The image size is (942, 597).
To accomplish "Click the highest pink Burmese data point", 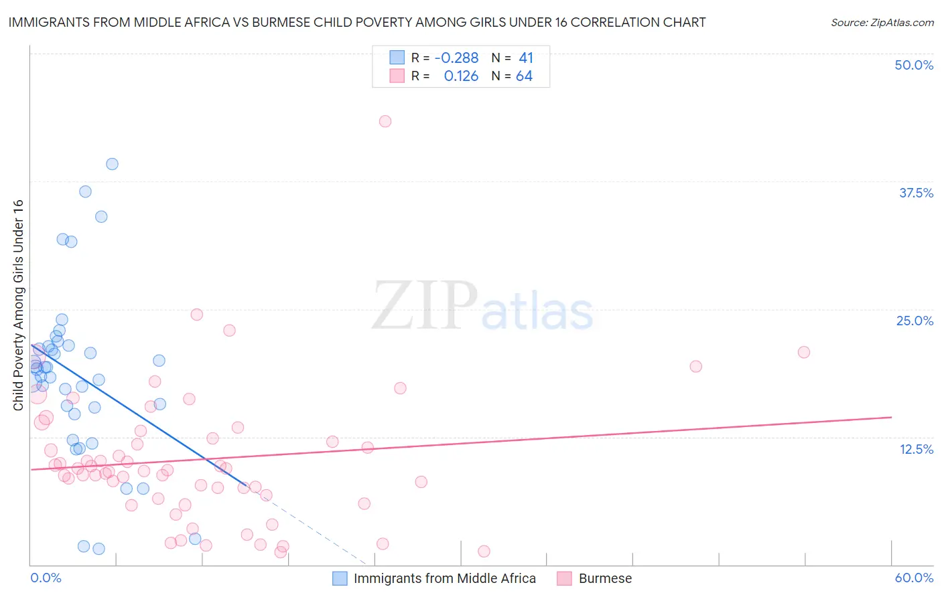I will (x=385, y=121).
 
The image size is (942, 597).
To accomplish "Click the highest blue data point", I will (x=112, y=164).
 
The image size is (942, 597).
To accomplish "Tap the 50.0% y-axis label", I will (x=914, y=65).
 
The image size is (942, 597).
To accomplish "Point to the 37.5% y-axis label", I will (x=916, y=193).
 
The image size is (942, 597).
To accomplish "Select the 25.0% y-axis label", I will (x=915, y=321).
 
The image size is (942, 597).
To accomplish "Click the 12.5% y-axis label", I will (x=916, y=449).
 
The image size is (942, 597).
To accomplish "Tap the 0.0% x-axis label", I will (x=46, y=578).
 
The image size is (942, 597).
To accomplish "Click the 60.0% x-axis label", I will (x=914, y=578).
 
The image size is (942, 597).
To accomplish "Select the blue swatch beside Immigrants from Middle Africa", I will (x=340, y=578).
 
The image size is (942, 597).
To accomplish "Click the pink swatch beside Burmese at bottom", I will (x=564, y=578).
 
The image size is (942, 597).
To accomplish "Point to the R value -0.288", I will (x=456, y=58).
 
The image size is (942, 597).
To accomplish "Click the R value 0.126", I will (x=461, y=76).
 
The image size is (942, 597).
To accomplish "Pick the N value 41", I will (x=526, y=58).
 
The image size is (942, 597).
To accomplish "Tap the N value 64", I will (x=524, y=76).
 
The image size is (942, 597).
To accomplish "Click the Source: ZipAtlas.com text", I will (x=882, y=23).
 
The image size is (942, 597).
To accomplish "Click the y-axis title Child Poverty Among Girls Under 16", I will (x=18, y=305).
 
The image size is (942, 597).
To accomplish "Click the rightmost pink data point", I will (x=803, y=352).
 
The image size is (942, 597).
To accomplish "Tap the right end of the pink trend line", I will (x=891, y=417).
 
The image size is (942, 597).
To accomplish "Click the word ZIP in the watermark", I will (x=424, y=307).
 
